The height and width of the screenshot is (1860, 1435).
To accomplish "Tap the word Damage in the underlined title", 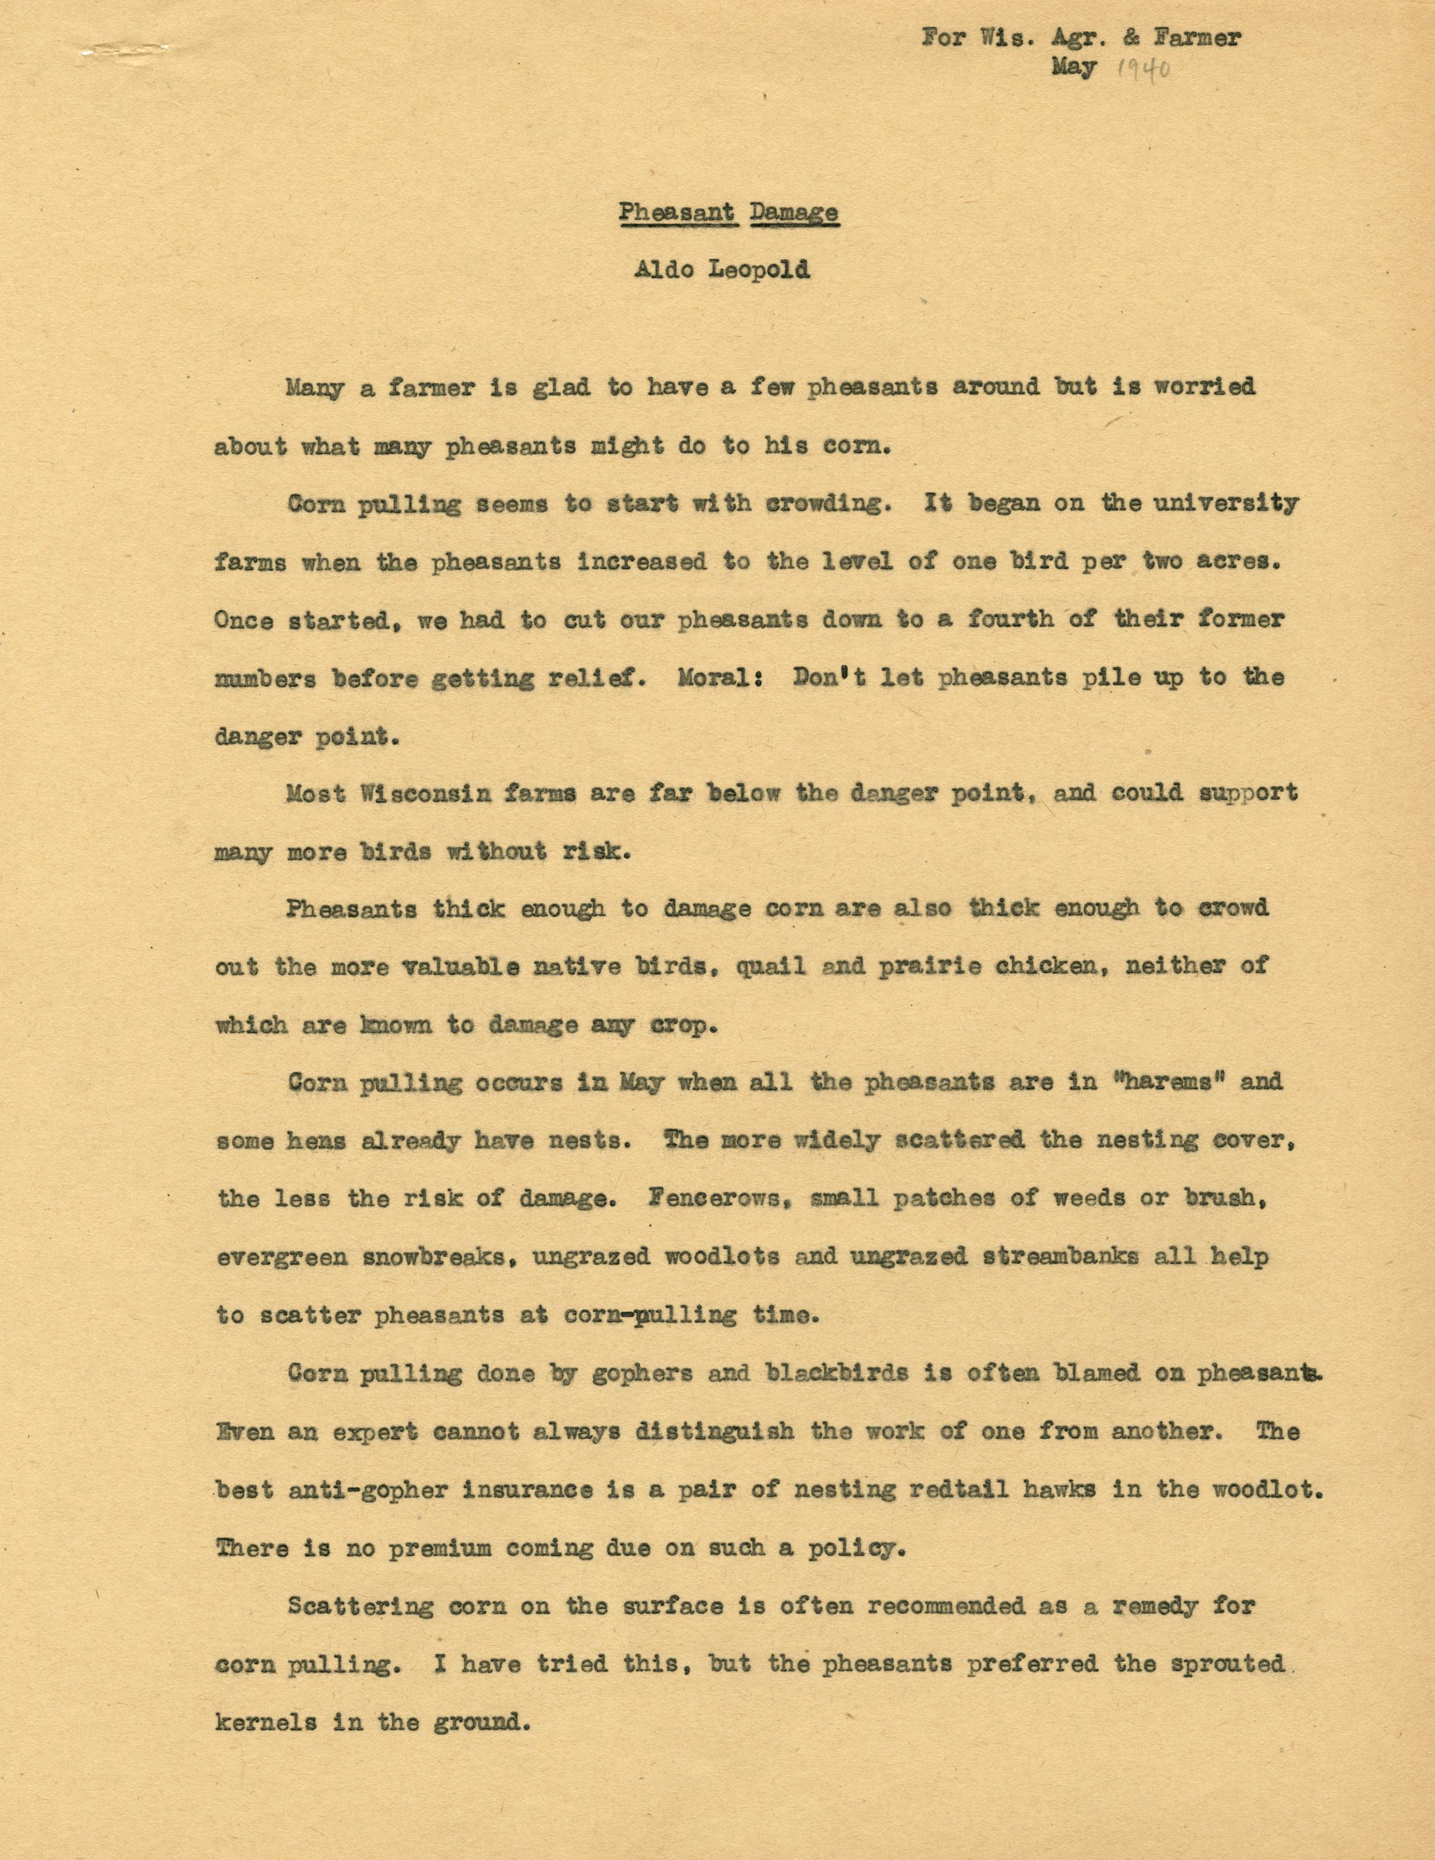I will (794, 212).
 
